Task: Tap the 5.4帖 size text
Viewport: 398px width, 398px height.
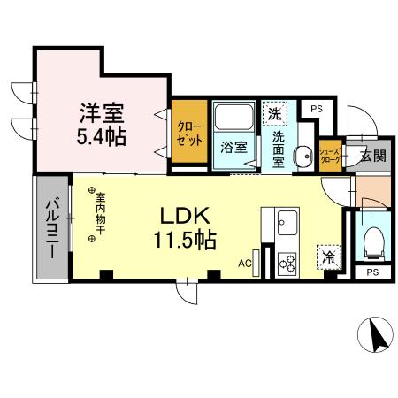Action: tap(103, 137)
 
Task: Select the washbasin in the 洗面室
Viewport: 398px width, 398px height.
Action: tap(303, 153)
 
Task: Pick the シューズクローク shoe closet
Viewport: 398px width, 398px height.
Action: tap(329, 156)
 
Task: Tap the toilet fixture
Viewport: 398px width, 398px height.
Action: tap(372, 240)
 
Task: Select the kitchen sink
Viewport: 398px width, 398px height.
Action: tap(288, 221)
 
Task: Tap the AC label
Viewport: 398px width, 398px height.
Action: tap(245, 263)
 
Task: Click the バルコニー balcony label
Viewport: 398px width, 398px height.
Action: tap(50, 226)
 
